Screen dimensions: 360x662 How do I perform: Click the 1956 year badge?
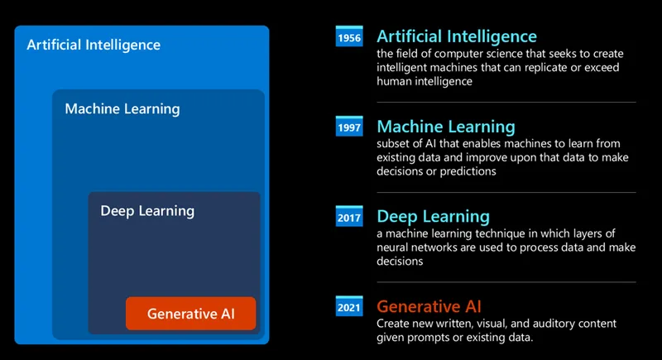349,37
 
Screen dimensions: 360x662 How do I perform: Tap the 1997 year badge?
349,127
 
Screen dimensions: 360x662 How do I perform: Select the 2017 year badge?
349,218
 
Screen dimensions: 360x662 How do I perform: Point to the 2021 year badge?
349,307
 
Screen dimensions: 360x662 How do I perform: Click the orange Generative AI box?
191,314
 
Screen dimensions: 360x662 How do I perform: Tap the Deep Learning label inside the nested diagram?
147,211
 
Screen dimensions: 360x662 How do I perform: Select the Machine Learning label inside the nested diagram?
122,109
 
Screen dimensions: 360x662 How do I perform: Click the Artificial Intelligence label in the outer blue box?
94,45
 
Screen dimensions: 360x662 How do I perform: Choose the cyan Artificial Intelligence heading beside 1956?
457,36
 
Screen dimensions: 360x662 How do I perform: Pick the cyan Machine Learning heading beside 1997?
446,127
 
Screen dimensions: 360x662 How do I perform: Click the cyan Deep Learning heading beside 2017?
434,217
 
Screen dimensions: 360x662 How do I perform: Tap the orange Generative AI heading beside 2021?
429,306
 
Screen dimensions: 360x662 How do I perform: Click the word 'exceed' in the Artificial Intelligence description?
605,68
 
